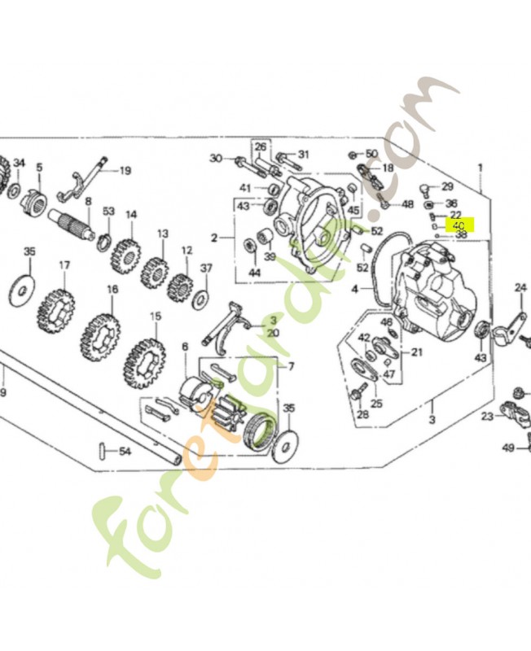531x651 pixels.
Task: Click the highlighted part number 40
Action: (x=459, y=225)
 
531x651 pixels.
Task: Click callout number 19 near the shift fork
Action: (x=125, y=171)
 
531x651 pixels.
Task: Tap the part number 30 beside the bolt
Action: (x=216, y=158)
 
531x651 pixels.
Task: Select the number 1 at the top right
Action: (x=480, y=168)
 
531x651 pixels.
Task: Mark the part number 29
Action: (x=447, y=187)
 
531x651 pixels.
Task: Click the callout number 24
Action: (x=521, y=287)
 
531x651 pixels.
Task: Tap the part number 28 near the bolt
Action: (x=362, y=414)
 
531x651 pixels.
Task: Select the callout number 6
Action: (x=185, y=347)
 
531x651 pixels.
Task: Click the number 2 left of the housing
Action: (x=213, y=238)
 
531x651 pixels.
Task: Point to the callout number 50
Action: (x=371, y=154)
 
